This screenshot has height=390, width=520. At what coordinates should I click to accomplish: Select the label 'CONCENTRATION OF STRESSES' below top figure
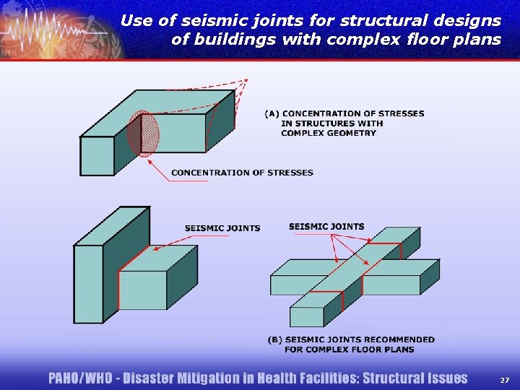[242, 173]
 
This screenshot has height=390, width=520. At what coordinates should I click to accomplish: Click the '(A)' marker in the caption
[272, 113]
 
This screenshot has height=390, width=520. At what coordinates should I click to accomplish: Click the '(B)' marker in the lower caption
[274, 339]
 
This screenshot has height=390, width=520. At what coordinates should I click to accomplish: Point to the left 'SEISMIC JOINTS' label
[222, 228]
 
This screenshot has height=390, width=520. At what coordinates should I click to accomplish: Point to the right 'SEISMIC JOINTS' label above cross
[326, 226]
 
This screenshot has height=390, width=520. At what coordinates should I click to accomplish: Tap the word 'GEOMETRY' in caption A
[329, 133]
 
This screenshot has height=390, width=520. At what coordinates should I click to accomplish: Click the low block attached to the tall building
[142, 290]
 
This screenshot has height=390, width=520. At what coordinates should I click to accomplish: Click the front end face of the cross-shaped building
[307, 316]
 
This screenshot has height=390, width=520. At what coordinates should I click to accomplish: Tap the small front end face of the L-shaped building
[97, 155]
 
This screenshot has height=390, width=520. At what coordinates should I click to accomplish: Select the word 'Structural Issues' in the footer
[415, 378]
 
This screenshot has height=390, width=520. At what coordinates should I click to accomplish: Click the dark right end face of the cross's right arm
[430, 277]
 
